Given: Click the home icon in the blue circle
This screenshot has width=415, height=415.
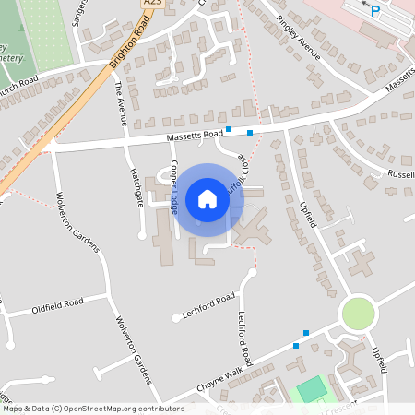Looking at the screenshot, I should pos(207,198).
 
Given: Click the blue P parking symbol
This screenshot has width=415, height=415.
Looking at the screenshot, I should pos(374,11).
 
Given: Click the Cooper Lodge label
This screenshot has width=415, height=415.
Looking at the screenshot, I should pos(174,186).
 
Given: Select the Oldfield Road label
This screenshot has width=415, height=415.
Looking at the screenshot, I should pos(57,302).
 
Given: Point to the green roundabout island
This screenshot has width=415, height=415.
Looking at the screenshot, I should pos(359,314).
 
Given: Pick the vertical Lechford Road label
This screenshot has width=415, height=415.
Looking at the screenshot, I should pos(244,337).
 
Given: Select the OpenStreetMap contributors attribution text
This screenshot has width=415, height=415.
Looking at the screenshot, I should pos(92,409).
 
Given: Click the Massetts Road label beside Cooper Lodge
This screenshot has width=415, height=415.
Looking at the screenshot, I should pos(196,136).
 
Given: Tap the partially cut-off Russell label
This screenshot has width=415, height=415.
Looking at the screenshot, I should pos(401,173).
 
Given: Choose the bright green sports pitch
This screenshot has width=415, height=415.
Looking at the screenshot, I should pos(313,388).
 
